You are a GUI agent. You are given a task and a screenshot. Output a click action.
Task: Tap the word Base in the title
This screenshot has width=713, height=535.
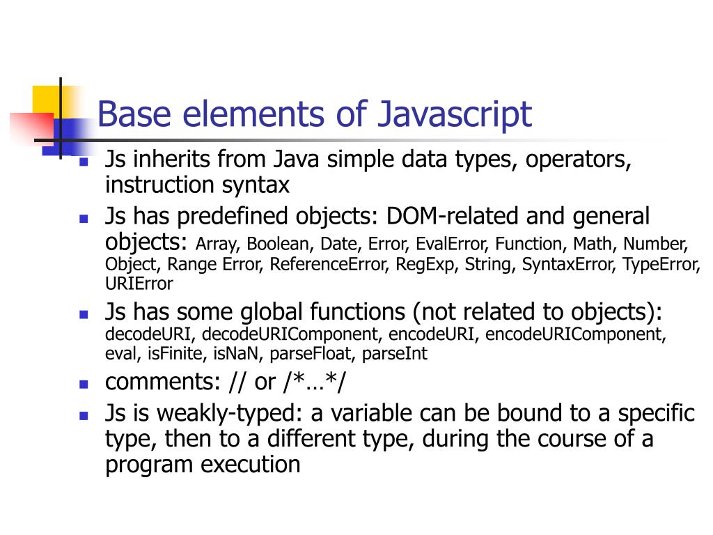click(133, 114)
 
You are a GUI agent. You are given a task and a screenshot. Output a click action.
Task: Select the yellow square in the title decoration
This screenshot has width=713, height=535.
click(46, 99)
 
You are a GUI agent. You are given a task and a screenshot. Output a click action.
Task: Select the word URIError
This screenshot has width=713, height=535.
click(139, 284)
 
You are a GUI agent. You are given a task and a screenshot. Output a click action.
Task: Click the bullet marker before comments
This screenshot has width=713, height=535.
click(84, 383)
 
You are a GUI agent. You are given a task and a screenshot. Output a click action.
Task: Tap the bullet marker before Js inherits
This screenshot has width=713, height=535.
click(84, 161)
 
